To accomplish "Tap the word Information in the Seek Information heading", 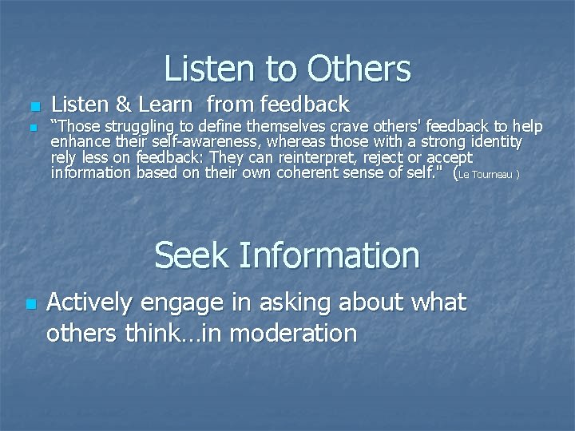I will (x=328, y=256).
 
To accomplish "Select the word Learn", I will (x=166, y=105).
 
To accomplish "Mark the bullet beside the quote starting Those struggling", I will (x=32, y=128).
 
